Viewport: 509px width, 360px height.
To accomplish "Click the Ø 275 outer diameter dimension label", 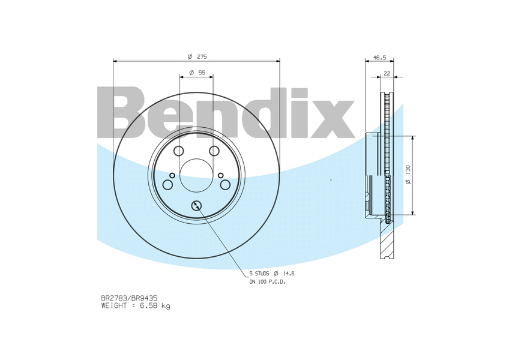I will [x=197, y=56].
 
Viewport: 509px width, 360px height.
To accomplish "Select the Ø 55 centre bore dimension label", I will [x=197, y=72].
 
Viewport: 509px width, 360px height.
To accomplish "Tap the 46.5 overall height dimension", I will [x=379, y=58].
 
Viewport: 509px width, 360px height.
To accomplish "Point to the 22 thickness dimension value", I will [x=387, y=73].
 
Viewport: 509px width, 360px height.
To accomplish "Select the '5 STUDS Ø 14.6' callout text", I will [x=272, y=273].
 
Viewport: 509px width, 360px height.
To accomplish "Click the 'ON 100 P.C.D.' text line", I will [x=267, y=281].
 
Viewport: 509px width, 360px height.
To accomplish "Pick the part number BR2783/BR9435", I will [x=128, y=298].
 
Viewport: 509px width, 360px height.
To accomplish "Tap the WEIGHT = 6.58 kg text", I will [x=135, y=305].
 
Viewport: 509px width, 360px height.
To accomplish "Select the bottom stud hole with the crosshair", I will [x=196, y=206].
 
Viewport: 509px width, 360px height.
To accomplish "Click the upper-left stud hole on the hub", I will [x=179, y=151].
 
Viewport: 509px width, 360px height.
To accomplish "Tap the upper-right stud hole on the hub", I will [x=214, y=151].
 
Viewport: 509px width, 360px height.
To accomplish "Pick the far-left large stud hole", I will [x=167, y=184].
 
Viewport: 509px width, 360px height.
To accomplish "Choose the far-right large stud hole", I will [x=226, y=184].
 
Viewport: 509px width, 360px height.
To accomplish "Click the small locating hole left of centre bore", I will [x=172, y=175].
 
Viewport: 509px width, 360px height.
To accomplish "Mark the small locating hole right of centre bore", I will [x=221, y=175].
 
